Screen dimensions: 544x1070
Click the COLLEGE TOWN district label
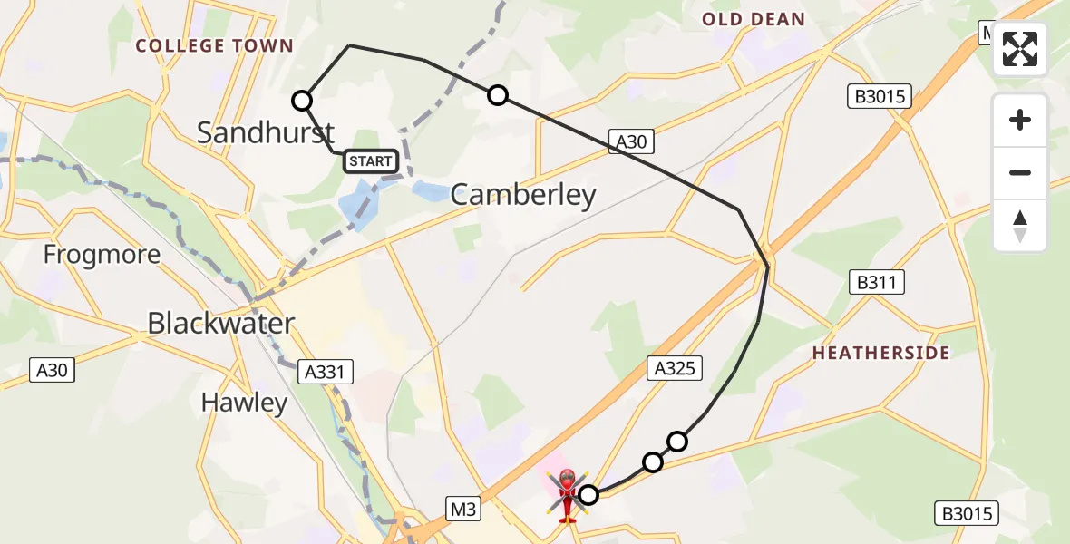coord(214,45)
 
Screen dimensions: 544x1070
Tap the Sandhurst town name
coord(267,132)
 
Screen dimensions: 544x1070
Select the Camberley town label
coord(523,195)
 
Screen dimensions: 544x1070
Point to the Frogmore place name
coord(102,254)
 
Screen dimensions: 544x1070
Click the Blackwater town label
coord(220,323)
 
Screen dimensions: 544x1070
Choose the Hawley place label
coord(244,402)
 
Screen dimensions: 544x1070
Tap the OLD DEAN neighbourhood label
coord(754,19)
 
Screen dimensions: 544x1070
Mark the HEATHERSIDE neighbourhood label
coord(880,353)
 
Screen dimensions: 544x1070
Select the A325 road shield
coord(676,367)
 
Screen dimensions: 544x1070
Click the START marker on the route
coord(371,161)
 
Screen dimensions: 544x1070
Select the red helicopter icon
coord(567,495)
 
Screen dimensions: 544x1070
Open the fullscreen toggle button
coord(1020,49)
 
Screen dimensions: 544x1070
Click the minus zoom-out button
coord(1020,172)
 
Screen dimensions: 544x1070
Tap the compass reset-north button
coord(1020,226)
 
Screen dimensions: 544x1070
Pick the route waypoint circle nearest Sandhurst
coord(302,101)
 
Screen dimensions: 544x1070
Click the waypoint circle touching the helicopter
coord(588,494)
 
